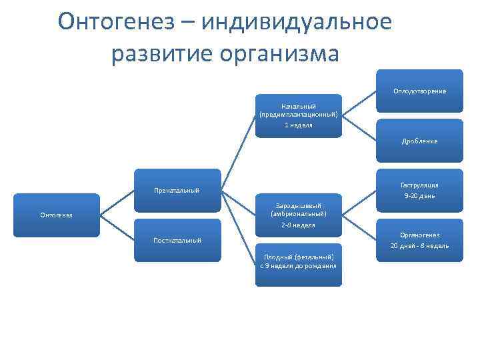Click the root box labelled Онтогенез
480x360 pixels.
point(57,215)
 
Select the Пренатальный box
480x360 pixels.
point(176,191)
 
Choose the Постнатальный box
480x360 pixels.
point(176,240)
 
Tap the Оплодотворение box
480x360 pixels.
point(419,91)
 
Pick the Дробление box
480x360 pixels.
point(419,141)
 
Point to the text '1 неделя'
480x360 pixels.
point(298,125)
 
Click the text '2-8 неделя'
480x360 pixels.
point(298,225)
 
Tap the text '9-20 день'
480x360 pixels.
point(419,196)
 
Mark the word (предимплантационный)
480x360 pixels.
point(298,115)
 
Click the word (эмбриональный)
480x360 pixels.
point(298,214)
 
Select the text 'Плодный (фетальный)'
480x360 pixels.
point(298,256)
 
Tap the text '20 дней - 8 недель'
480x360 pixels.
point(419,245)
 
